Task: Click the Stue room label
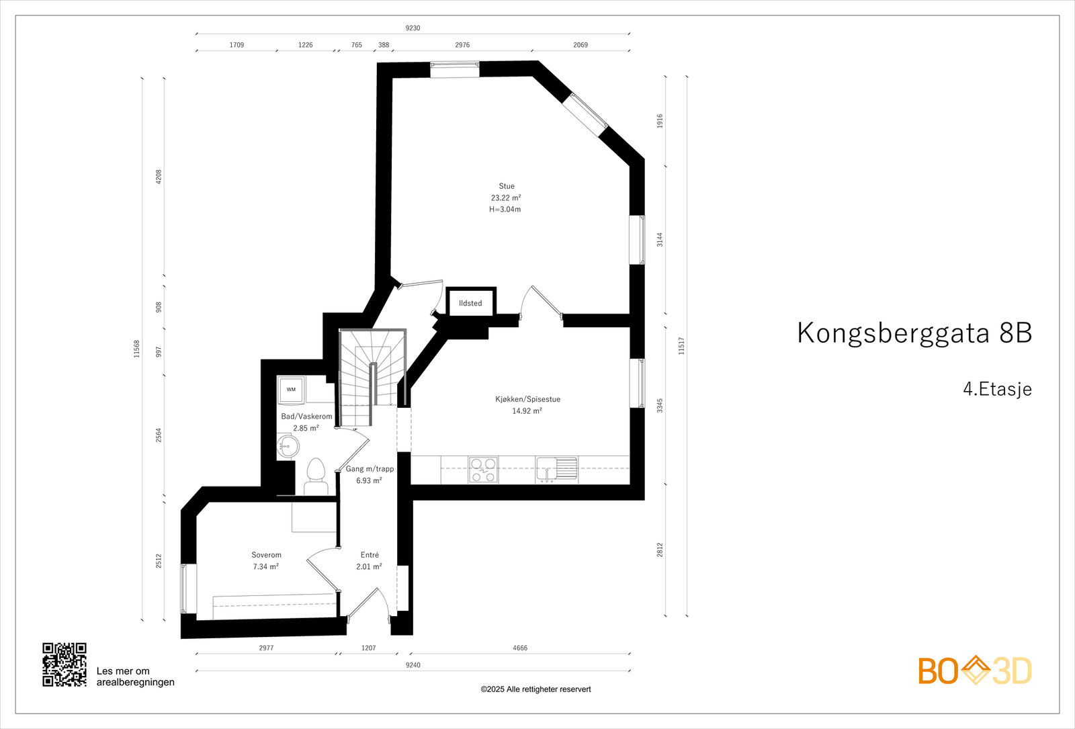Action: click(x=507, y=186)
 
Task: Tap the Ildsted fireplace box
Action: click(x=470, y=303)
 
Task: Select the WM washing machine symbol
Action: click(x=291, y=390)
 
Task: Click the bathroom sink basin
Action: click(x=288, y=446)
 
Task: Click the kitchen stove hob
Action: click(x=483, y=470)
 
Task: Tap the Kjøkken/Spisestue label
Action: click(x=527, y=399)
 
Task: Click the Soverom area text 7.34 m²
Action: click(x=266, y=566)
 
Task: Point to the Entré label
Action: click(x=370, y=555)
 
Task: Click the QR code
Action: click(x=64, y=664)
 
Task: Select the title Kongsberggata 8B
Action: click(x=914, y=333)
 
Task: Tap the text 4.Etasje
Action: click(x=997, y=389)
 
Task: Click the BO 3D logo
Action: click(x=974, y=671)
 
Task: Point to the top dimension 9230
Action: click(x=413, y=28)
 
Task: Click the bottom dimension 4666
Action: click(x=520, y=648)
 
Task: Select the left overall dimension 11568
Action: click(x=137, y=348)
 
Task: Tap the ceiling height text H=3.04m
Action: click(x=505, y=209)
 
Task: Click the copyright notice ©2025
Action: click(x=535, y=689)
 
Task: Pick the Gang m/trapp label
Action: click(x=370, y=469)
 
